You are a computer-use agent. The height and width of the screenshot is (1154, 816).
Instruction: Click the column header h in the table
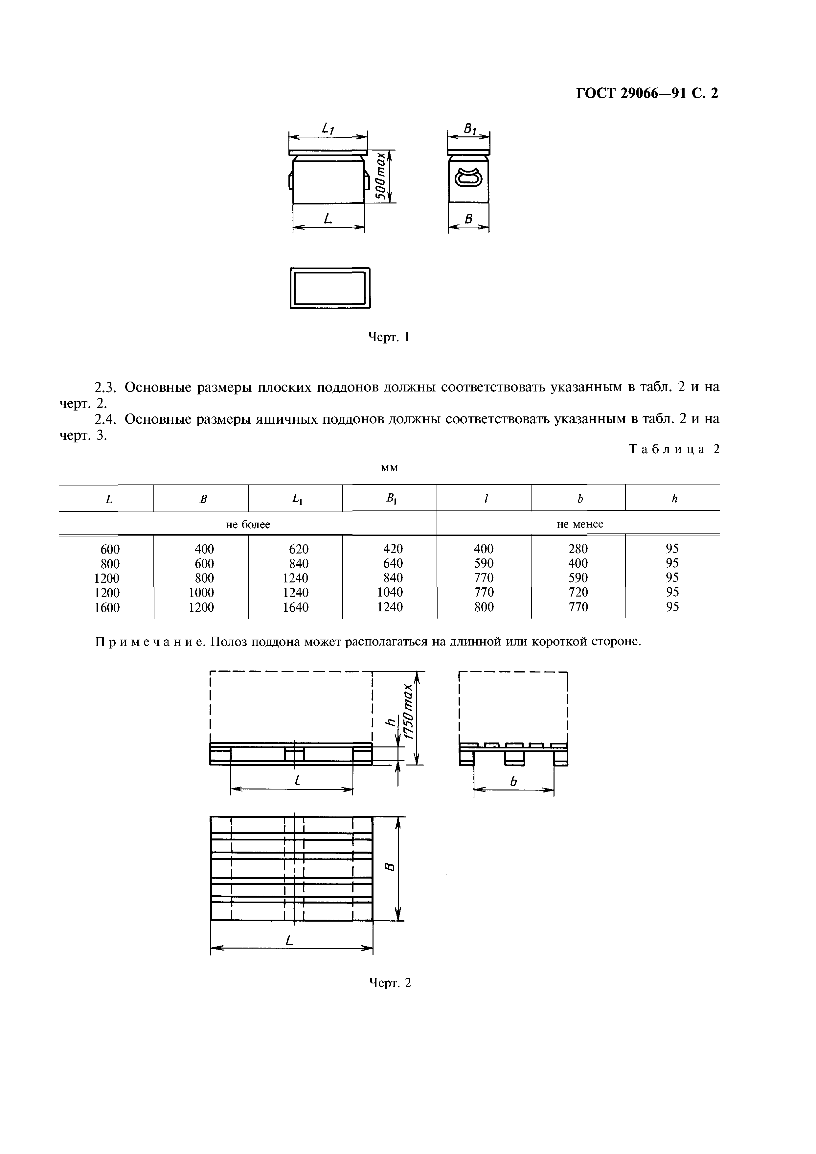click(674, 499)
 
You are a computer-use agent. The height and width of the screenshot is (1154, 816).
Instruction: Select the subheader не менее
click(580, 524)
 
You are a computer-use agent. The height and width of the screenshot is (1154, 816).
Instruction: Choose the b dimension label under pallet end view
click(513, 782)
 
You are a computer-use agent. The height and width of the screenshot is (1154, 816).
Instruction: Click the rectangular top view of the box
click(330, 288)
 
